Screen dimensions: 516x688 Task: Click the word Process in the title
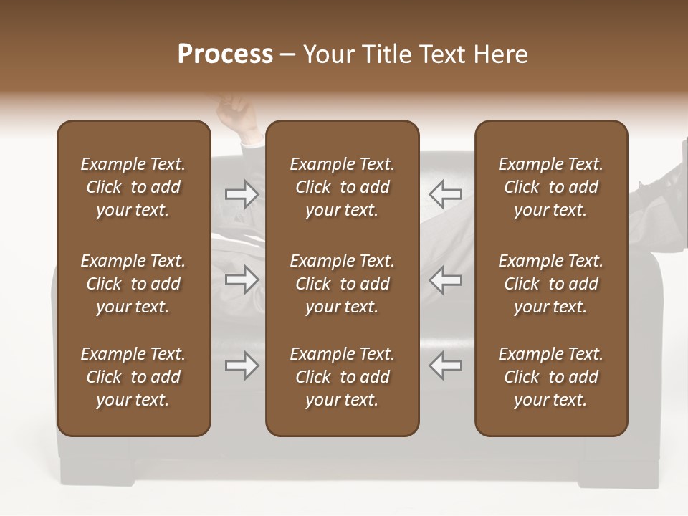225,54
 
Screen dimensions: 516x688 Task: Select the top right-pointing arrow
242,193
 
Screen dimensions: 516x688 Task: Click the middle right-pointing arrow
242,280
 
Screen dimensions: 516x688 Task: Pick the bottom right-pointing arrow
242,365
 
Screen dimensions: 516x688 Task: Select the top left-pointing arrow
445,193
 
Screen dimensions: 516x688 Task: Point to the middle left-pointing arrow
445,280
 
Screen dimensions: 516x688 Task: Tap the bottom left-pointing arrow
445,365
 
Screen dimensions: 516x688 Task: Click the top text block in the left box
133,187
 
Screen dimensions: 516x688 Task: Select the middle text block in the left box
133,284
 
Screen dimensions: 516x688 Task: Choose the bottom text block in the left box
133,377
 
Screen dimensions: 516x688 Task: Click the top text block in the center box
343,187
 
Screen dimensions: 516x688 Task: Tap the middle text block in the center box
343,284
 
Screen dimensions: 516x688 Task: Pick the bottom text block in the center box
343,377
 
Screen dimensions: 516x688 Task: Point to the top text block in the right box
551,187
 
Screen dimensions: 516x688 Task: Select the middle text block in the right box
551,284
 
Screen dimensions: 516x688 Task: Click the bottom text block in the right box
551,377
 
